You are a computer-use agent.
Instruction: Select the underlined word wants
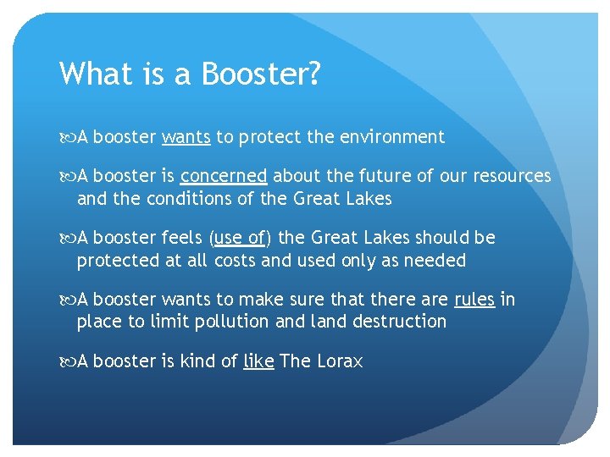pos(186,137)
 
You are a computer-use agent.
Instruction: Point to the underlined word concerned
pos(224,176)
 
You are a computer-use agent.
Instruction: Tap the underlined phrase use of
pos(241,238)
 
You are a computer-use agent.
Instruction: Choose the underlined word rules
pos(474,300)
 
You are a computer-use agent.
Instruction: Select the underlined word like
pos(258,361)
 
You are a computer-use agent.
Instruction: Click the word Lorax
pos(340,361)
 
